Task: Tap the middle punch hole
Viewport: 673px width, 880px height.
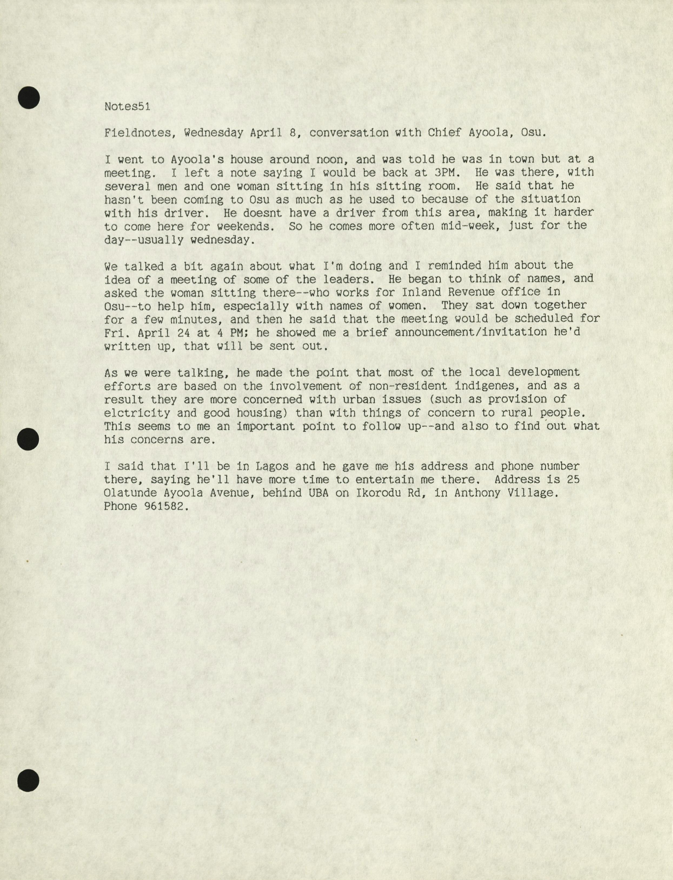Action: click(28, 439)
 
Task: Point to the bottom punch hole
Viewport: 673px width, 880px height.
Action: click(28, 781)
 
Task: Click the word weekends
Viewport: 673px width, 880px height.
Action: click(243, 226)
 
